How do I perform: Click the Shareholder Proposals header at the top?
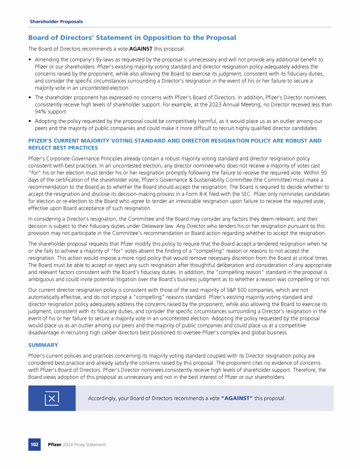tap(56, 22)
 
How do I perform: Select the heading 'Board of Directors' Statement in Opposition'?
tap(132, 38)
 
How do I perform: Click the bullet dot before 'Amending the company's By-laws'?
tap(30, 60)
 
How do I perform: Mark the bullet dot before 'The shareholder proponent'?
tap(30, 98)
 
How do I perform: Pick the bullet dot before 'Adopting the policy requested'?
tap(30, 121)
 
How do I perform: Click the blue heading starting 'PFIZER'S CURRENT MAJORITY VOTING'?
tap(174, 141)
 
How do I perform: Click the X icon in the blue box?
tap(52, 398)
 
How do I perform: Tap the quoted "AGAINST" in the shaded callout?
tap(237, 398)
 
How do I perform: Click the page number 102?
tap(34, 444)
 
